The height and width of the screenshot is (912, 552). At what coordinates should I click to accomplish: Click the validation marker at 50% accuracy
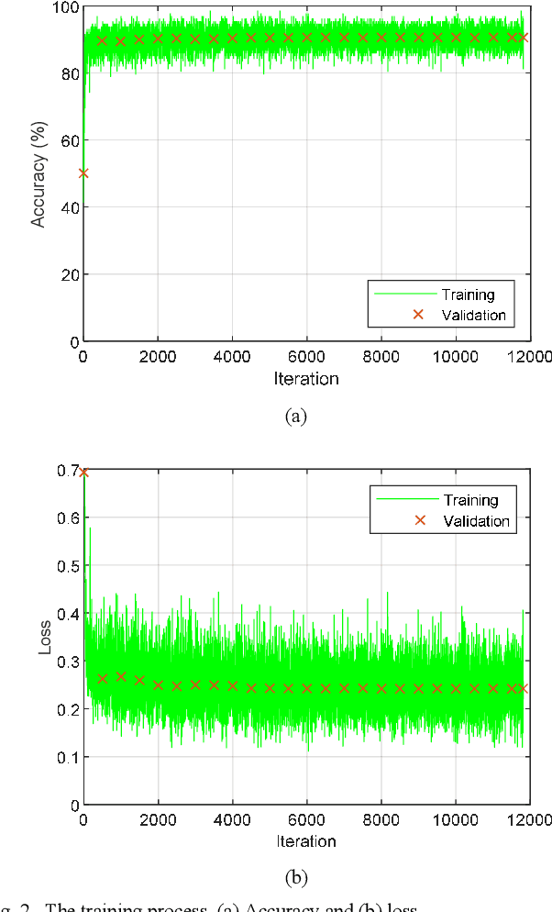click(x=83, y=172)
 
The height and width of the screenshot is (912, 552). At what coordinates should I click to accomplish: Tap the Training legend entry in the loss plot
click(x=470, y=500)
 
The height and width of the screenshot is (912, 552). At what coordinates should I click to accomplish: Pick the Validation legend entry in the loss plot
click(x=476, y=520)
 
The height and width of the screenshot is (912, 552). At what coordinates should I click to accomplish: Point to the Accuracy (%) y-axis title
click(x=39, y=174)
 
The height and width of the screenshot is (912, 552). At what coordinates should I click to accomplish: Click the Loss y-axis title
click(x=43, y=639)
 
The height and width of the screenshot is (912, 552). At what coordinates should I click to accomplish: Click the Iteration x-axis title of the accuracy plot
click(x=305, y=378)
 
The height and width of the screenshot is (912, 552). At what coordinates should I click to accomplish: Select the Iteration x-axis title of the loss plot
click(x=305, y=840)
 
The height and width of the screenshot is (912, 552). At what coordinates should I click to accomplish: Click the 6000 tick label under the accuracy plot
click(x=306, y=358)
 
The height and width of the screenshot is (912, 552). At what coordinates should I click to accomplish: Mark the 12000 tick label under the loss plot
click(x=527, y=820)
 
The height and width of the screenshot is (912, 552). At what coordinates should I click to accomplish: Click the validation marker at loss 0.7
click(x=83, y=473)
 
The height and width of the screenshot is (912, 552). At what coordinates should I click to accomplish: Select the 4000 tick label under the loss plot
click(x=232, y=820)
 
